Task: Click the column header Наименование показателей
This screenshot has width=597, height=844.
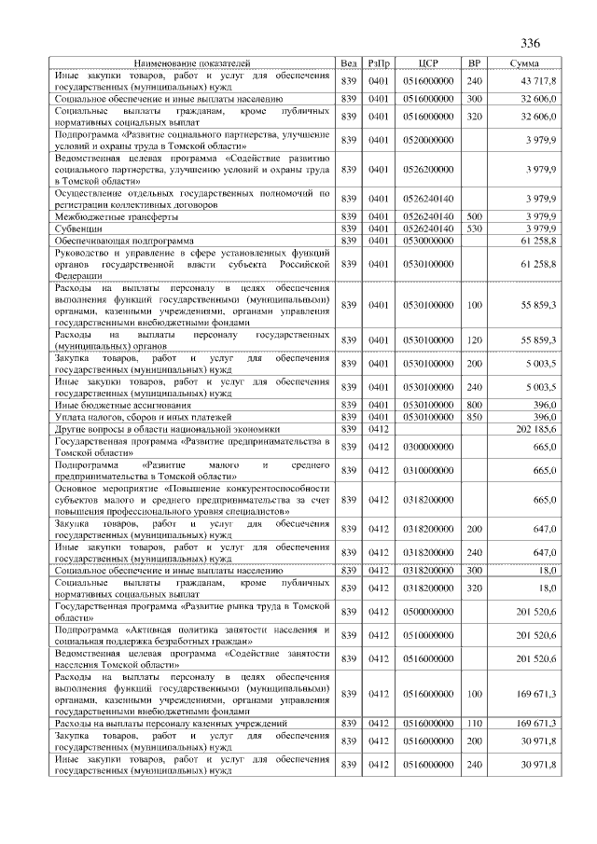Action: pos(192,63)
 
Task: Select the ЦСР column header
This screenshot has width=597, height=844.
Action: pos(428,63)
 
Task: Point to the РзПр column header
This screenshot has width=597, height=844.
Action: pos(380,63)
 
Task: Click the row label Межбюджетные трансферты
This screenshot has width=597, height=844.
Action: pos(117,216)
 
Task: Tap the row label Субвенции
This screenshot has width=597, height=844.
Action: pos(78,228)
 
